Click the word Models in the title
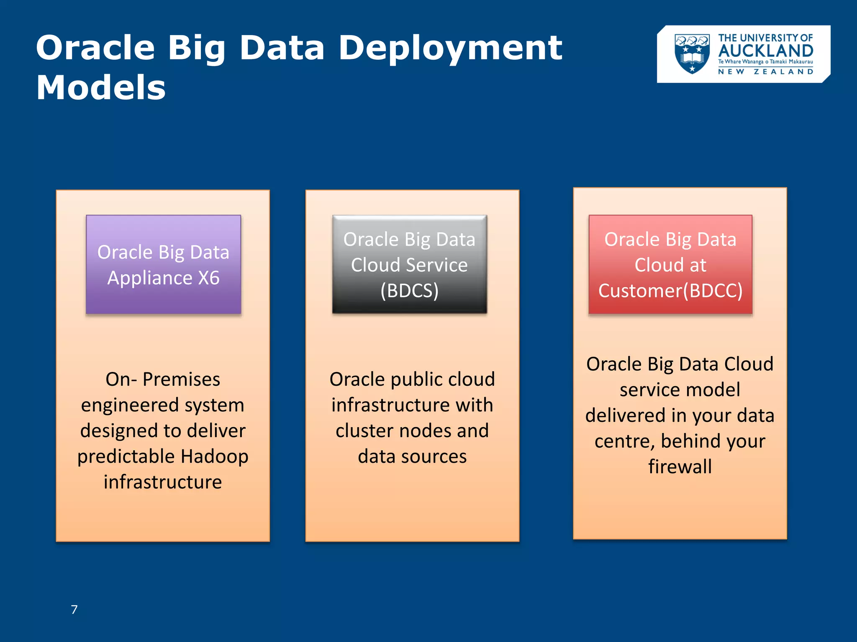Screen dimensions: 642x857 coord(101,88)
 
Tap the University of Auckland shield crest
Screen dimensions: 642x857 coord(692,54)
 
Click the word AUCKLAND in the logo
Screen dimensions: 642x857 coord(765,51)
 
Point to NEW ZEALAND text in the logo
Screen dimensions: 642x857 coord(765,72)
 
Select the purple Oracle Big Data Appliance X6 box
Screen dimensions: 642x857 coord(163,265)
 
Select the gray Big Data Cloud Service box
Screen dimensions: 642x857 coord(409,265)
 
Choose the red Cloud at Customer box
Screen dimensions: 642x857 coord(670,265)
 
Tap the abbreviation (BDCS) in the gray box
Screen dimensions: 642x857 coord(409,291)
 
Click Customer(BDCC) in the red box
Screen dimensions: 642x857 coord(670,291)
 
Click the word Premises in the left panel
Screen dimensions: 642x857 coord(181,380)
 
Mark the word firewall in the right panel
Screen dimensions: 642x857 coord(680,467)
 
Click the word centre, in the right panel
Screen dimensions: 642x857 coord(624,441)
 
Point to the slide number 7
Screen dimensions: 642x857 coord(74,610)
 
